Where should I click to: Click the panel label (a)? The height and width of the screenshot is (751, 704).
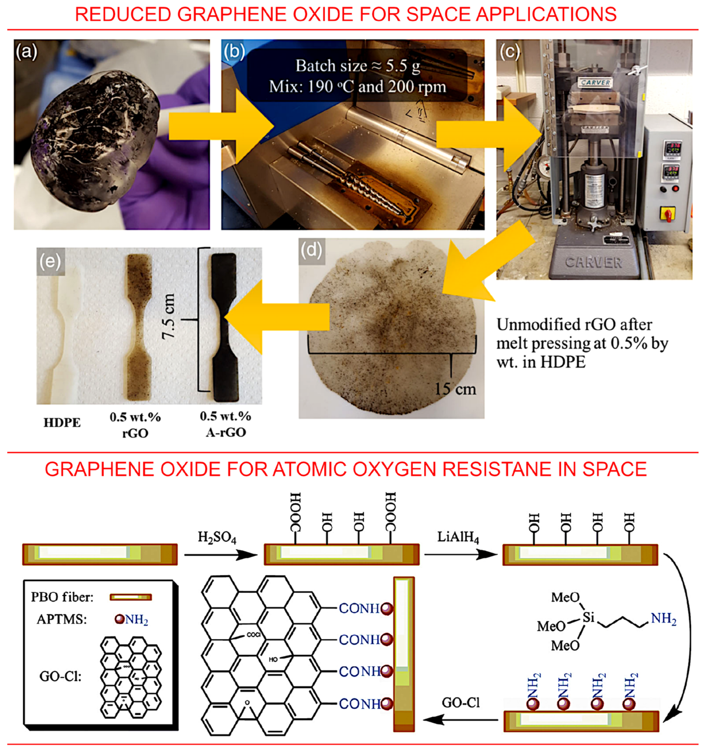point(26,52)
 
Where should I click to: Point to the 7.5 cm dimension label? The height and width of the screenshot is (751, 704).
point(169,317)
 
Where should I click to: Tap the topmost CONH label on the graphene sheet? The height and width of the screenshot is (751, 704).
point(359,608)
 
